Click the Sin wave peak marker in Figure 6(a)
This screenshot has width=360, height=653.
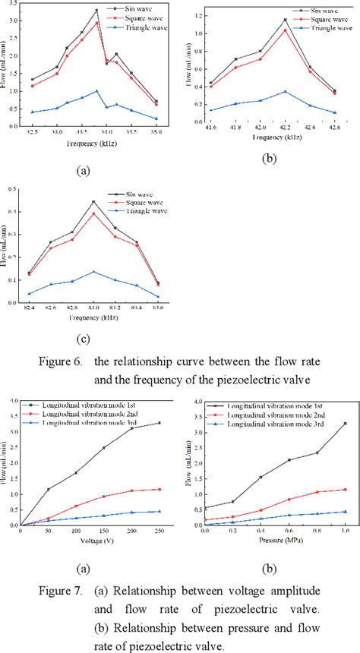96,11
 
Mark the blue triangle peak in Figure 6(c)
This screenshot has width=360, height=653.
93,271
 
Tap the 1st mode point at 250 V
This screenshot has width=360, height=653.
159,423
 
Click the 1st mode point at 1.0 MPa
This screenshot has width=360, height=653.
346,423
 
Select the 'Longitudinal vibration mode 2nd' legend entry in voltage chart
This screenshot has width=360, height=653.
96,415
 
